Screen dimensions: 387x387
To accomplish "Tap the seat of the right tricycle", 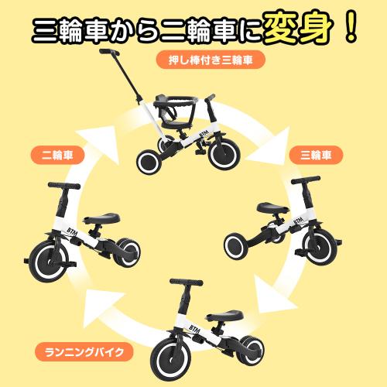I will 271,210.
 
